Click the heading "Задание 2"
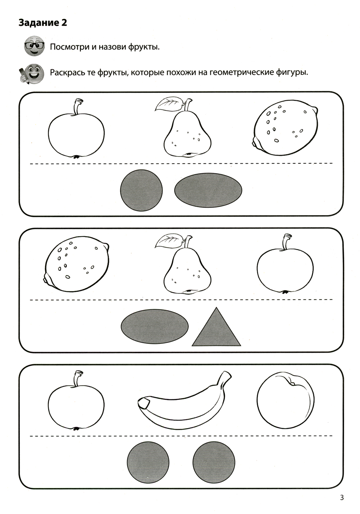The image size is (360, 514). pyautogui.click(x=42, y=23)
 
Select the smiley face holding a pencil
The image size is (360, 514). pyautogui.click(x=31, y=73)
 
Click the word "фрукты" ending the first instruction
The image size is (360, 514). pyautogui.click(x=144, y=47)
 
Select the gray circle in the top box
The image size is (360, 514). pyautogui.click(x=141, y=190)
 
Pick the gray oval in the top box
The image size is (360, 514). pyautogui.click(x=208, y=190)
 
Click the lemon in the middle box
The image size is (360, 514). pyautogui.click(x=76, y=266)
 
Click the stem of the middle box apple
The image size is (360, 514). pyautogui.click(x=286, y=242)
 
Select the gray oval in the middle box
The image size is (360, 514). pyautogui.click(x=155, y=326)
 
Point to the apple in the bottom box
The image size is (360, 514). pyautogui.click(x=76, y=401)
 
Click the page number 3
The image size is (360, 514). pyautogui.click(x=342, y=497)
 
